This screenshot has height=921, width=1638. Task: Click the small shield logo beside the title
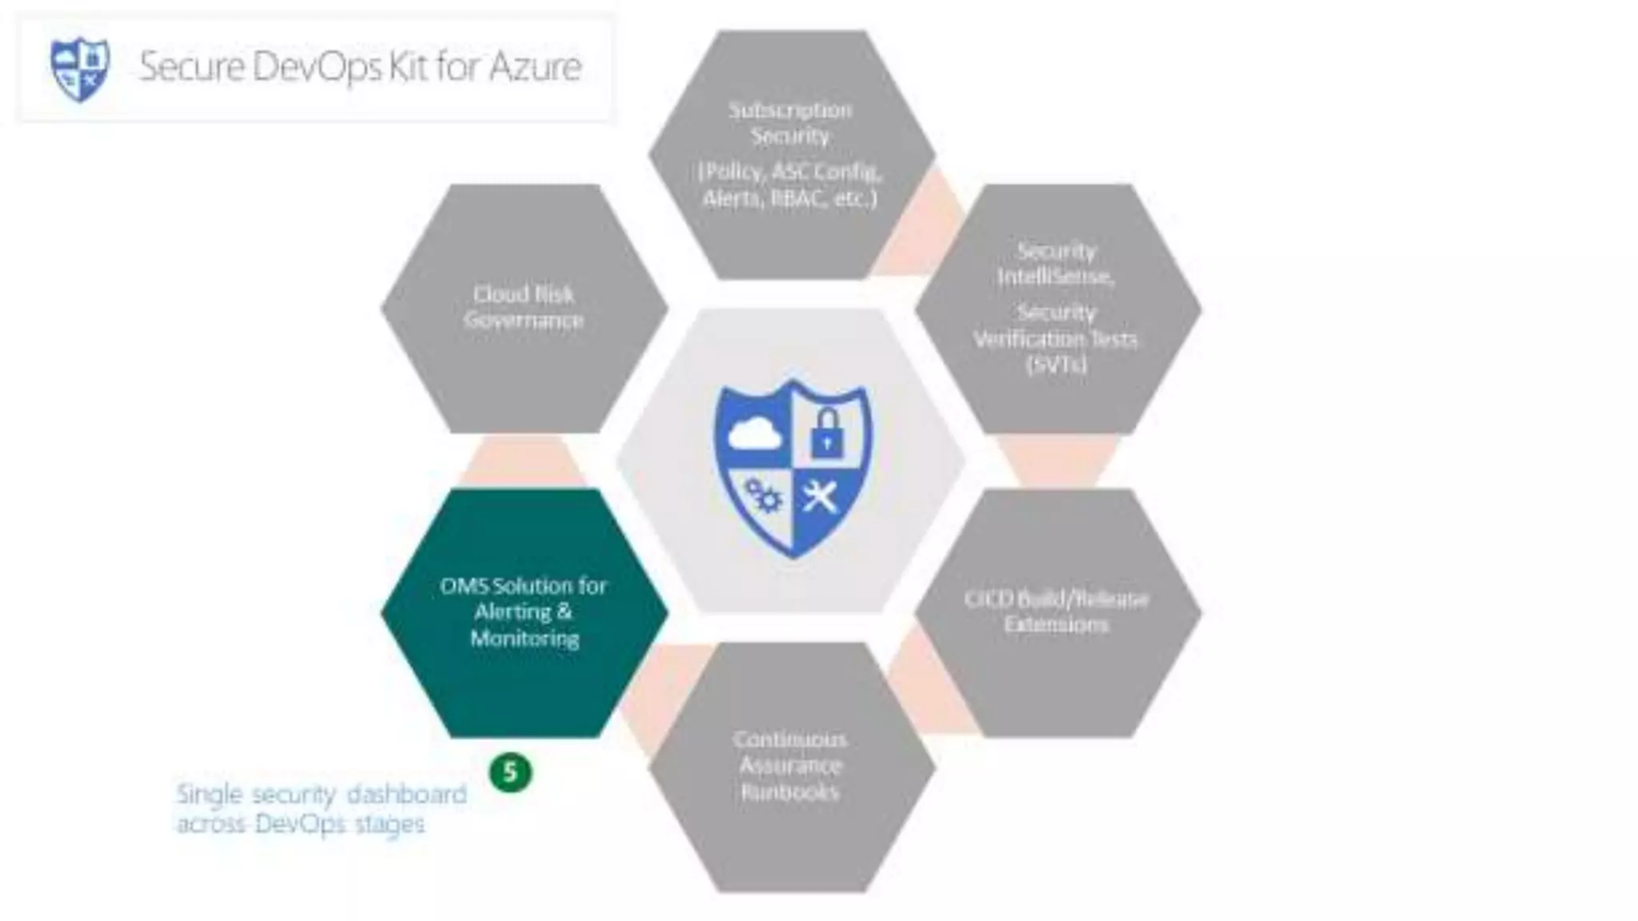click(x=79, y=69)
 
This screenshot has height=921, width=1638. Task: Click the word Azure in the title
click(x=535, y=66)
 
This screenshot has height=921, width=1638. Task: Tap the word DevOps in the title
click(x=318, y=66)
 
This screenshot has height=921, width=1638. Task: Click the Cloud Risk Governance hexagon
click(x=524, y=308)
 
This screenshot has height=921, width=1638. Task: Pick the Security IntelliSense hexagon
click(x=1057, y=308)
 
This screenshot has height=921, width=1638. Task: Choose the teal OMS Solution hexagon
click(x=524, y=612)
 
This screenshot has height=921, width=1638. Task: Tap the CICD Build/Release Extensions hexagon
click(x=1057, y=612)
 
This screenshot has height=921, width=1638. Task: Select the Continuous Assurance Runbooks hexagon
click(x=790, y=766)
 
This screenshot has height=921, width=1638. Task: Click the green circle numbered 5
click(x=510, y=772)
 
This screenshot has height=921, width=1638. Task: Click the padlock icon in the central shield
click(x=826, y=433)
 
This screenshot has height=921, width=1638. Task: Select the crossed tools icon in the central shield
click(x=821, y=496)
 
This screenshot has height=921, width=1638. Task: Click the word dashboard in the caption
click(x=407, y=794)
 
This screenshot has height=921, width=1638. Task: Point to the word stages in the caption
click(x=390, y=823)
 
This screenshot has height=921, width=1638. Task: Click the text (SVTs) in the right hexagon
click(x=1057, y=365)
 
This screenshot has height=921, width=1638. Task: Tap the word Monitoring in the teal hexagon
click(x=525, y=638)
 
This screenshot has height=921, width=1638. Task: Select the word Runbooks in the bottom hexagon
click(x=790, y=791)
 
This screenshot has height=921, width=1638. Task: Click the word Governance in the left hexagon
click(x=524, y=320)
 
